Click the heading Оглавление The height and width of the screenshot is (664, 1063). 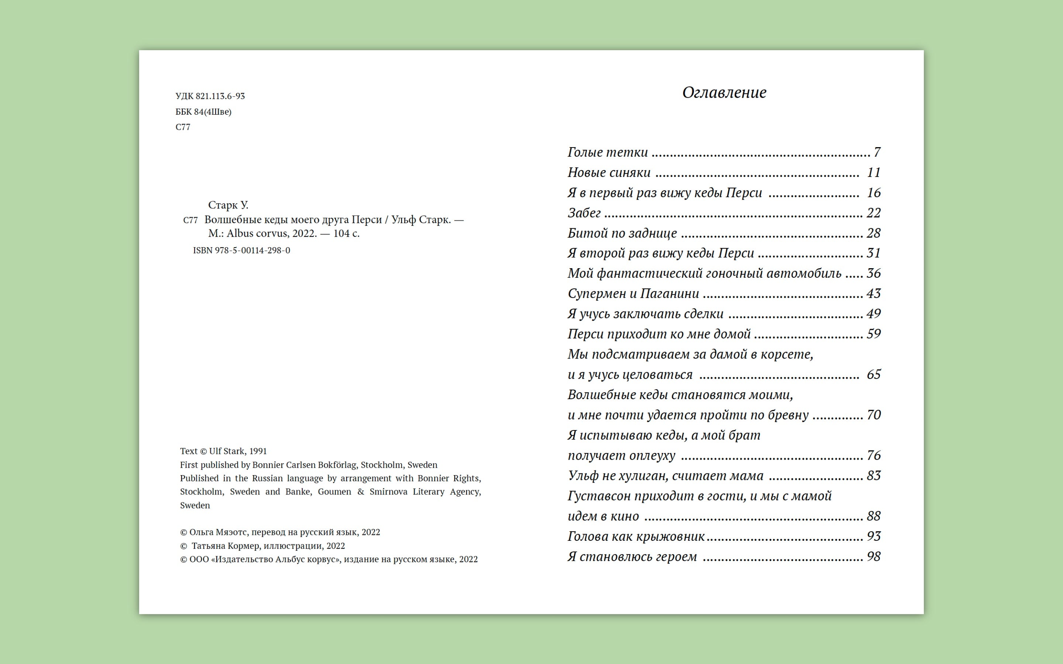tap(724, 93)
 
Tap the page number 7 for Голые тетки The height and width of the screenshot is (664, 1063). tap(877, 152)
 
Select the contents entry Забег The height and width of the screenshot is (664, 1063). tap(584, 213)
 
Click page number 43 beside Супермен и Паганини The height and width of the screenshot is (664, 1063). tap(873, 293)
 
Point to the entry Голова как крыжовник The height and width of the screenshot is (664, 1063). tap(636, 536)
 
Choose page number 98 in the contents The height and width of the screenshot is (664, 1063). tap(873, 556)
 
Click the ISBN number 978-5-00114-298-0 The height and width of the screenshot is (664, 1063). tap(252, 250)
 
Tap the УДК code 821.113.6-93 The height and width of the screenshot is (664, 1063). tap(220, 96)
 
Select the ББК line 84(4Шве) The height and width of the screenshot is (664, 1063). tap(213, 111)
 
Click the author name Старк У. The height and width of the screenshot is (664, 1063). tap(228, 205)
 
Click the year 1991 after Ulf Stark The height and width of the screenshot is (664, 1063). tap(258, 451)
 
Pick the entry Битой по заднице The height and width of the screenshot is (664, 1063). tap(622, 233)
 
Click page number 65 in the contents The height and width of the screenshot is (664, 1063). tap(873, 374)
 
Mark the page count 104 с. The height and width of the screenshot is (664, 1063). tap(346, 233)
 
